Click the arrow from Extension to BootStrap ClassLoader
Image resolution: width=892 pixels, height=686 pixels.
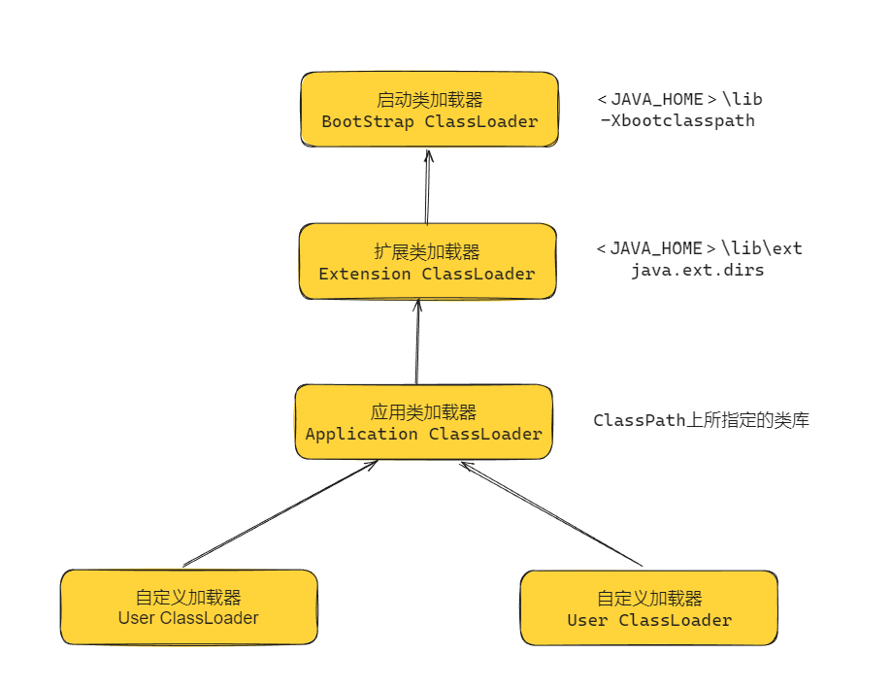point(426,186)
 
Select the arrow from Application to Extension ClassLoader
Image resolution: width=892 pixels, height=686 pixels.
point(417,342)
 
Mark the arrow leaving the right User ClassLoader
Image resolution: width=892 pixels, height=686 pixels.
point(550,513)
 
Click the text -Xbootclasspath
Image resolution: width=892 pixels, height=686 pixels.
point(677,121)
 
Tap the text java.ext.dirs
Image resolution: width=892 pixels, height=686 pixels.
point(697,271)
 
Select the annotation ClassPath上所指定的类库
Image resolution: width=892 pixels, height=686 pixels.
point(701,421)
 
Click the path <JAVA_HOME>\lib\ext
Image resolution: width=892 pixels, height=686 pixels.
point(699,248)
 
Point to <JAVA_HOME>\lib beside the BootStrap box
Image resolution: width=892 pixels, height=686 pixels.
point(686,99)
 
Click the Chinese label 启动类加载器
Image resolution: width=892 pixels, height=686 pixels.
point(429,100)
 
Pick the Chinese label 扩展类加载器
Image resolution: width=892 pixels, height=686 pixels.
point(427,252)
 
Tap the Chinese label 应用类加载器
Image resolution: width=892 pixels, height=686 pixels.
point(423,412)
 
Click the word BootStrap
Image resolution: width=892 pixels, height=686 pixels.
point(368,122)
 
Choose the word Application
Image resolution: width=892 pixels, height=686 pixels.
point(361,434)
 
